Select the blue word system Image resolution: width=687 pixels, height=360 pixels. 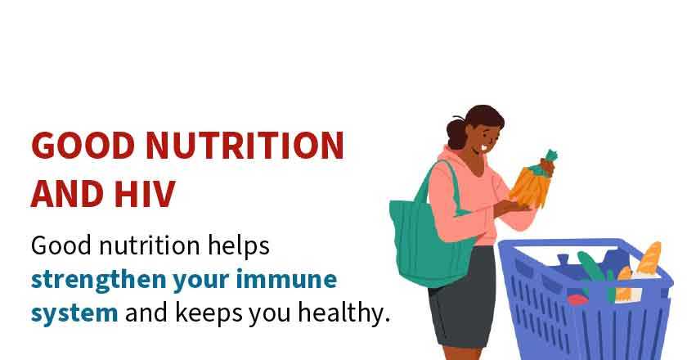tap(74, 313)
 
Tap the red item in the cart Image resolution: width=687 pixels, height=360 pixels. tap(577, 299)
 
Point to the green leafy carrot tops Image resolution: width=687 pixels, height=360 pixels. tap(549, 157)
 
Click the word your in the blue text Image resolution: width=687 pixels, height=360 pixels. tap(200, 280)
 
